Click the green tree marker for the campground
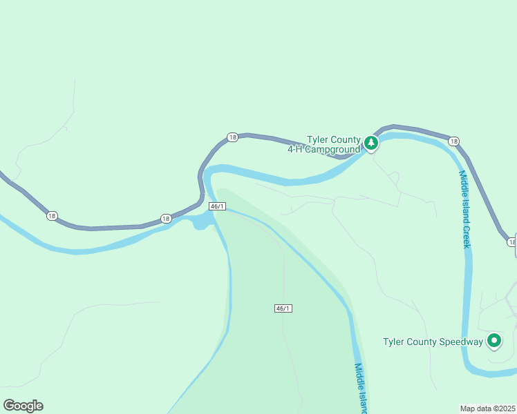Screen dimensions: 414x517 tap(371, 143)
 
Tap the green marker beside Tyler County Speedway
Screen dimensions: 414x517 tap(493, 340)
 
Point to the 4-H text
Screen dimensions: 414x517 tap(297, 149)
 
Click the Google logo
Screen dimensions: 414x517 tap(23, 406)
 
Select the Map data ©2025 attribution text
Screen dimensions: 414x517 tap(487, 408)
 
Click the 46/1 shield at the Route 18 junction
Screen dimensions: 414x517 tap(217, 206)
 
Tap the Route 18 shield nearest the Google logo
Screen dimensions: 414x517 tap(52, 216)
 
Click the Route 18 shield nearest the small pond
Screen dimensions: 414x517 tap(165, 219)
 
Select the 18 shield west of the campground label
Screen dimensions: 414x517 tap(232, 137)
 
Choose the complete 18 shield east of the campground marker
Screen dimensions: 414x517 tap(453, 141)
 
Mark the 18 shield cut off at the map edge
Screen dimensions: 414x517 tap(512, 241)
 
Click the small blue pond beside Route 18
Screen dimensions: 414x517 tap(202, 221)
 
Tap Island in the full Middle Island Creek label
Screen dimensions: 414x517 tap(465, 207)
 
